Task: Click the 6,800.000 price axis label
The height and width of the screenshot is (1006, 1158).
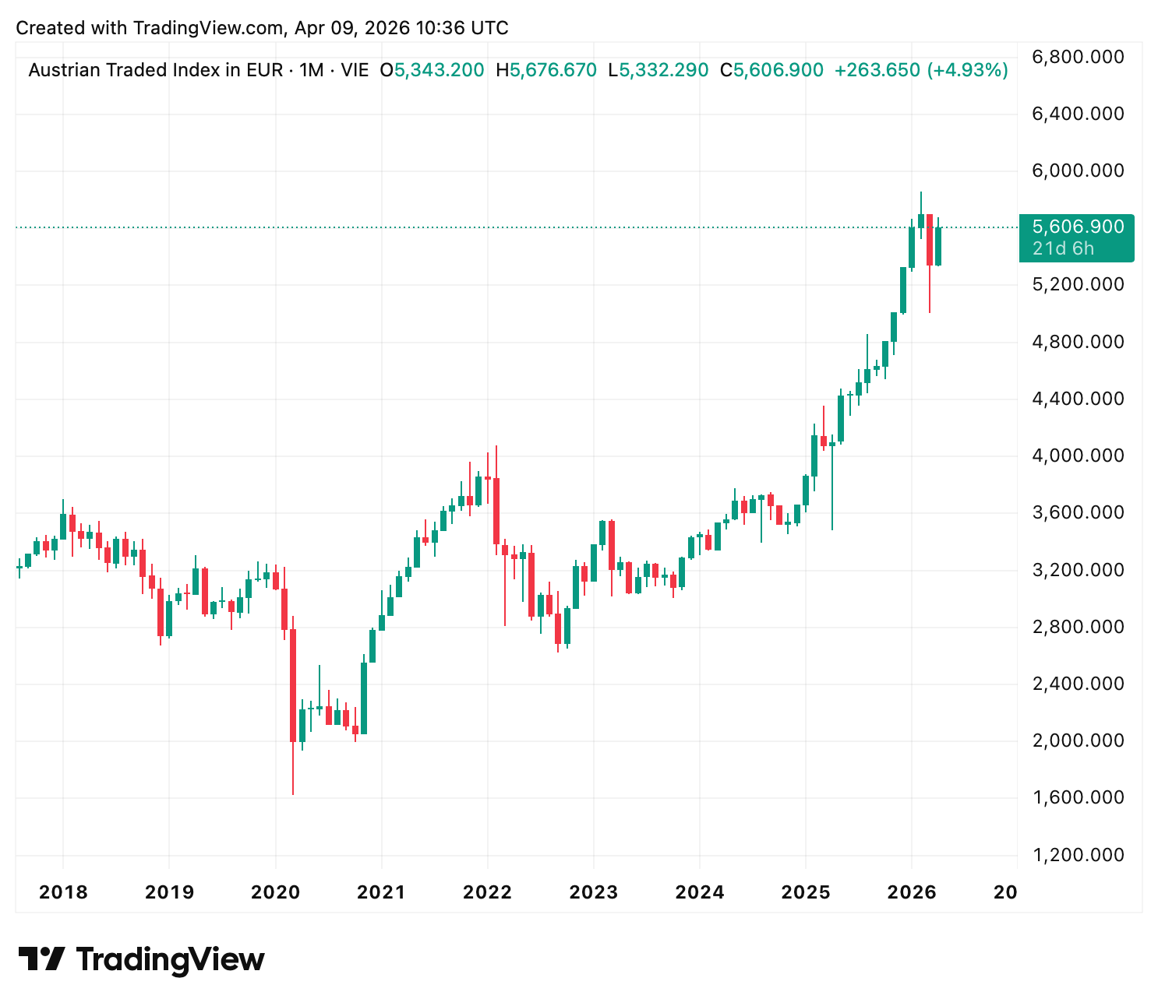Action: (1078, 57)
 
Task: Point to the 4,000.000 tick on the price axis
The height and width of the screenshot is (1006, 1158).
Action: (1078, 456)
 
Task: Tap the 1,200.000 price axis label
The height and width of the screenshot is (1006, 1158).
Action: (1078, 855)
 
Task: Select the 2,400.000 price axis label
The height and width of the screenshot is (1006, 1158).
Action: (1078, 684)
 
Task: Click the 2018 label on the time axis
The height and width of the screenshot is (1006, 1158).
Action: (63, 892)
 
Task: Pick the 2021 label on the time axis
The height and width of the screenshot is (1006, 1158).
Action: (381, 892)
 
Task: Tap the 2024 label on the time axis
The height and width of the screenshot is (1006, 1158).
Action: (699, 892)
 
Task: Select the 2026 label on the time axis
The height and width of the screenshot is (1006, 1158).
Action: (912, 892)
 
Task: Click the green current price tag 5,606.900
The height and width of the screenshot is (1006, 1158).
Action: (1078, 227)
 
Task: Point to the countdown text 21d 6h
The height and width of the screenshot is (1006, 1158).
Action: (1063, 248)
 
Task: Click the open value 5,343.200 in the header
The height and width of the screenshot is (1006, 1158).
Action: (439, 70)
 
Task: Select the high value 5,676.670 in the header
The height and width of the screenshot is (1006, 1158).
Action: (553, 70)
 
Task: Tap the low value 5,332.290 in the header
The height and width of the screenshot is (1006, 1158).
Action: (664, 70)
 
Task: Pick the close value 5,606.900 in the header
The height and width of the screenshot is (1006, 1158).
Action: (778, 70)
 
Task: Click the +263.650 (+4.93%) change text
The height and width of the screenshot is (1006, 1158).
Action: (921, 70)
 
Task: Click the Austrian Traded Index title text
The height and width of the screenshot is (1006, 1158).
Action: (155, 70)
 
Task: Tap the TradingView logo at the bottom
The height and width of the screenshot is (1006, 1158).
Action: (141, 959)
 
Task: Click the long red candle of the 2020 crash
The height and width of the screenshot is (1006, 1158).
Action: (293, 685)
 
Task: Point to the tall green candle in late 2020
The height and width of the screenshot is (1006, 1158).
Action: (364, 698)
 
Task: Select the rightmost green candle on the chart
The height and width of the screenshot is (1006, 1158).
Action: (938, 246)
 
